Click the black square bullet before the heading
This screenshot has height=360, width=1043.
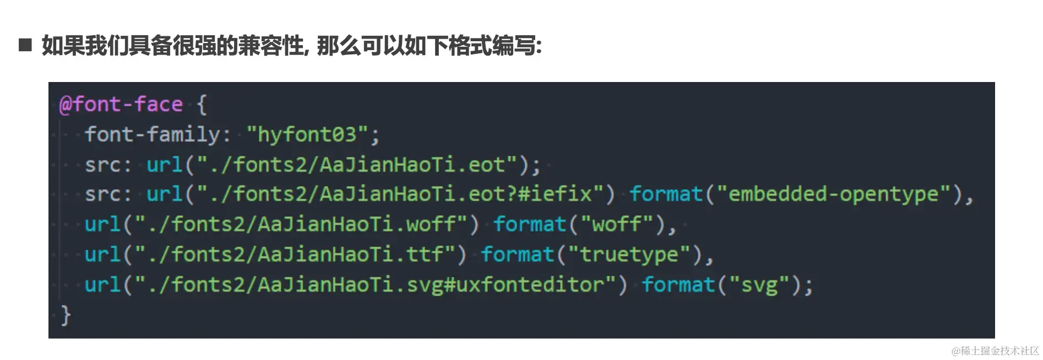(x=25, y=45)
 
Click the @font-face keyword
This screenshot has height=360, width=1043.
(x=121, y=105)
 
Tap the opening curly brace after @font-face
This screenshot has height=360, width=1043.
(x=202, y=105)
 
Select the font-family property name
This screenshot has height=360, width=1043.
(x=152, y=134)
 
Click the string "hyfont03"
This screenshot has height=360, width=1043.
(x=307, y=134)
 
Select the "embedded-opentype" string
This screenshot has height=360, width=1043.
(x=834, y=194)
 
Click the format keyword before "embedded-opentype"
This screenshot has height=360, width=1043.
(x=666, y=194)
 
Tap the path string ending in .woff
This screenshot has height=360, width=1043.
(x=301, y=224)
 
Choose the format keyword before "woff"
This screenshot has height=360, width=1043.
(x=530, y=224)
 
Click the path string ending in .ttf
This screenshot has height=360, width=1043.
(x=295, y=254)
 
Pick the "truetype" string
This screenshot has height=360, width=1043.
(x=629, y=254)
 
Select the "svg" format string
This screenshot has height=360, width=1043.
(x=759, y=285)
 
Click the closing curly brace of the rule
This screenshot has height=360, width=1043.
(x=66, y=315)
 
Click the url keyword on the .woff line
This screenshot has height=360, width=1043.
(x=102, y=224)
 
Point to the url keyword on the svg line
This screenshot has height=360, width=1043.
(x=102, y=285)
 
